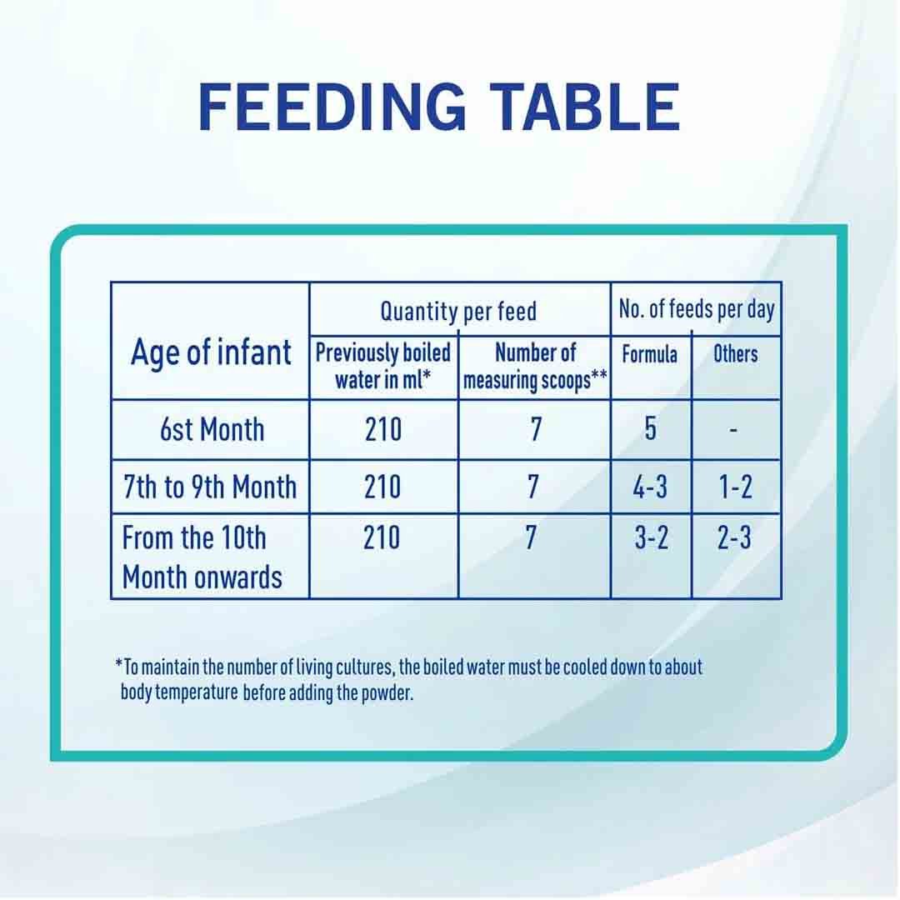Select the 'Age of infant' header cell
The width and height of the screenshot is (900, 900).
pyautogui.click(x=211, y=352)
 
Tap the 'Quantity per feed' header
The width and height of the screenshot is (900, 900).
pyautogui.click(x=458, y=312)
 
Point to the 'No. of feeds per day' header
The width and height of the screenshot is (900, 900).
pyautogui.click(x=696, y=310)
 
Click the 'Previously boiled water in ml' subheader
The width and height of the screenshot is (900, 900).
pyautogui.click(x=383, y=367)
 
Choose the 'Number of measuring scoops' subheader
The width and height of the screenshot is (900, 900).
pyautogui.click(x=535, y=367)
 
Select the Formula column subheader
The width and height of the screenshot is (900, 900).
pyautogui.click(x=650, y=354)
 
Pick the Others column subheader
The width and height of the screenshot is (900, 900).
pyautogui.click(x=735, y=354)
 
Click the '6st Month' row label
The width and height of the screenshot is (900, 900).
pyautogui.click(x=212, y=430)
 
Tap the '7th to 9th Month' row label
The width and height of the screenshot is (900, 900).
pyautogui.click(x=210, y=487)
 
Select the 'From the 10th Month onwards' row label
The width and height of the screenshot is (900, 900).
pyautogui.click(x=202, y=557)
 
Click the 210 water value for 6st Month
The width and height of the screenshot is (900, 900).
pyautogui.click(x=383, y=430)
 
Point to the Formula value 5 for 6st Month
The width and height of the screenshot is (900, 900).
pyautogui.click(x=650, y=430)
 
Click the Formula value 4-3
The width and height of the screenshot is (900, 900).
pyautogui.click(x=650, y=487)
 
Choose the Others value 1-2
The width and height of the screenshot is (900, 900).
pyautogui.click(x=735, y=487)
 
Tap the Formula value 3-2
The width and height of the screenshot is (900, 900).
pyautogui.click(x=651, y=539)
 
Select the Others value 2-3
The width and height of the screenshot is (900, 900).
pyautogui.click(x=734, y=539)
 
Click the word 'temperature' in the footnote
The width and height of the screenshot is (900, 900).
pyautogui.click(x=196, y=693)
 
